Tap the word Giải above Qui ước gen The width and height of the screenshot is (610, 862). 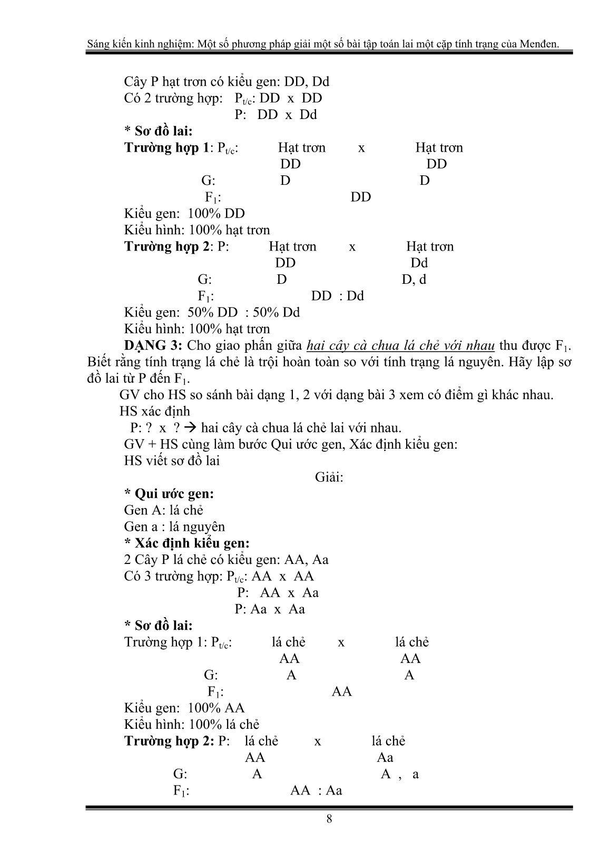329,478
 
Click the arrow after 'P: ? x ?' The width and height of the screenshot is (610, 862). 192,428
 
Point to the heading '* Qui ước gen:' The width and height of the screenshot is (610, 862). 169,494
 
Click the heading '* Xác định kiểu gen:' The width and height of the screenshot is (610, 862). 187,543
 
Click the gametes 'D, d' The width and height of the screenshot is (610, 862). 414,279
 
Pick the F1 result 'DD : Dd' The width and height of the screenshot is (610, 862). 338,296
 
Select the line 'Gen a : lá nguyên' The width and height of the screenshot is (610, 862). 174,527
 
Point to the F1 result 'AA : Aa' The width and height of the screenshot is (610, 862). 317,790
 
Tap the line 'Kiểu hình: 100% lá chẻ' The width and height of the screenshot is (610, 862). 192,725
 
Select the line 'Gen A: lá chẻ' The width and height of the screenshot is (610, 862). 164,510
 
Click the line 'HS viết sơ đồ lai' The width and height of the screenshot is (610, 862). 172,461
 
